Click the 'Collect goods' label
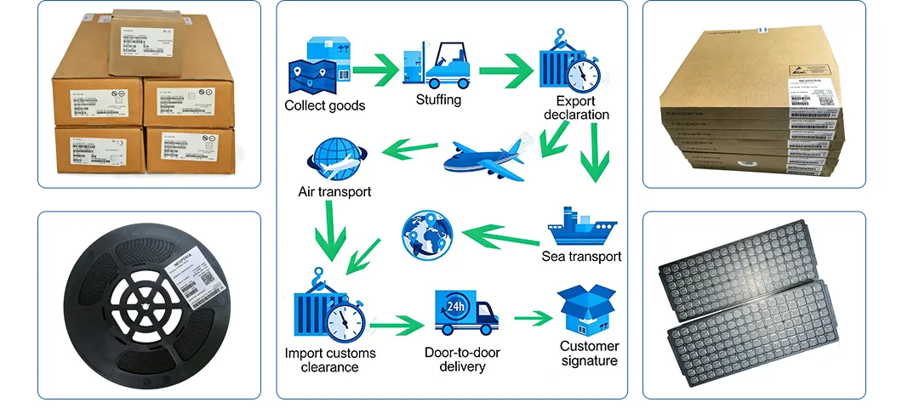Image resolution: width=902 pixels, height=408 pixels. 324,105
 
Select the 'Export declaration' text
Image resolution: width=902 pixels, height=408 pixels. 576,108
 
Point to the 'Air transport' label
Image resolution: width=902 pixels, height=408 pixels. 334,191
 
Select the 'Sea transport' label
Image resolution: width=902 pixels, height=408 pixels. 582,256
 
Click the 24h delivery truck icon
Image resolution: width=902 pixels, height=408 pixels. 465,313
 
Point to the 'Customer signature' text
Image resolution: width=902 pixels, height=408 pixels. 589,354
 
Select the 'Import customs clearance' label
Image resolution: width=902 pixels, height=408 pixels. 330,360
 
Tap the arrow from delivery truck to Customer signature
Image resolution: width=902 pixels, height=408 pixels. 533,318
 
